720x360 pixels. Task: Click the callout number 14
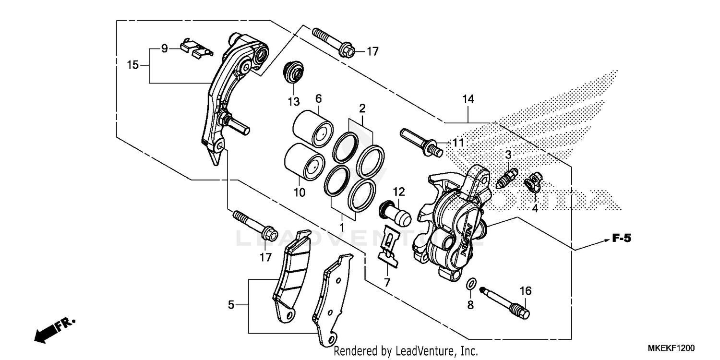(x=468, y=99)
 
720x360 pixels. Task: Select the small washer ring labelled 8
(x=471, y=285)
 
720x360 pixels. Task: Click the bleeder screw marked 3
(x=506, y=178)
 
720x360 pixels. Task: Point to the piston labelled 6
(x=312, y=127)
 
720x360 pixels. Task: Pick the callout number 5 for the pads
(x=231, y=305)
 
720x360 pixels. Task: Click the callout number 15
(x=132, y=64)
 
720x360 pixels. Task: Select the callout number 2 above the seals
(x=362, y=107)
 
